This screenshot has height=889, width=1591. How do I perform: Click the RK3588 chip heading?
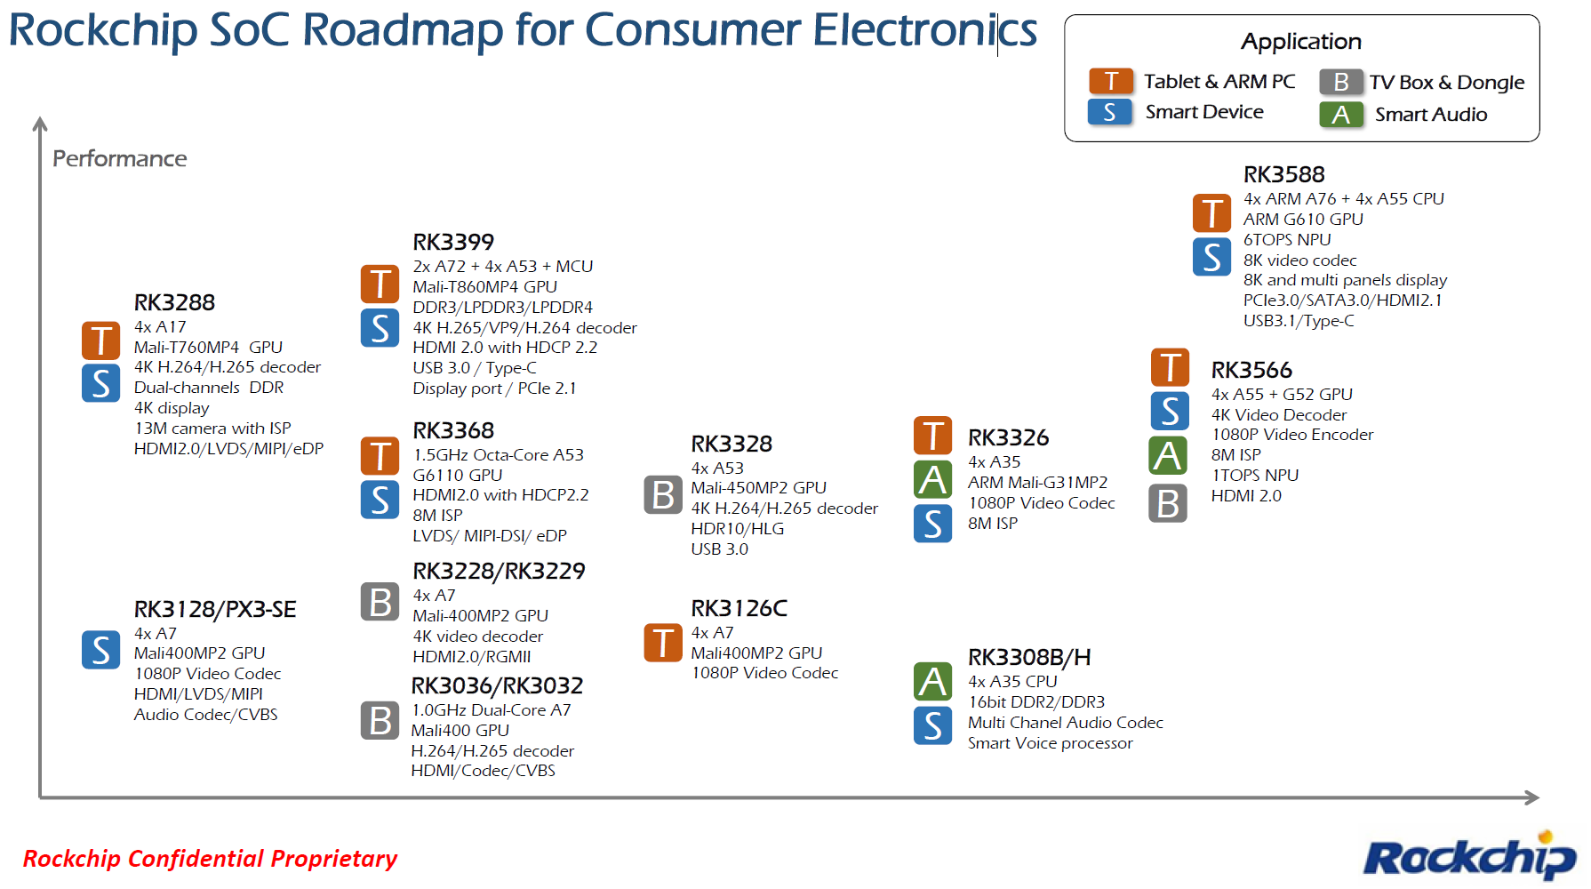click(1283, 174)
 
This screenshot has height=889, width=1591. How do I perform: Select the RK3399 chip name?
click(453, 242)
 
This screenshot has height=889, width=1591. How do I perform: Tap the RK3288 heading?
click(174, 302)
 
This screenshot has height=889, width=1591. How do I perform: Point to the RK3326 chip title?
click(1008, 437)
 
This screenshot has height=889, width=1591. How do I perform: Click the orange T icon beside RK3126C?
click(663, 643)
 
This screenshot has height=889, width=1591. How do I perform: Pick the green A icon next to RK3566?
click(1168, 456)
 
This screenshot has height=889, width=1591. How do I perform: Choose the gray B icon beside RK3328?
click(663, 495)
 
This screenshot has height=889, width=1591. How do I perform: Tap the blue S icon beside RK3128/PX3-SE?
click(101, 650)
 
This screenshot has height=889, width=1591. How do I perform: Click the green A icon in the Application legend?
click(1341, 115)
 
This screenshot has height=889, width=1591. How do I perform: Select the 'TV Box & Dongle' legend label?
click(1446, 83)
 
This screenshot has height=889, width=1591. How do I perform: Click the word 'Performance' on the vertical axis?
click(120, 158)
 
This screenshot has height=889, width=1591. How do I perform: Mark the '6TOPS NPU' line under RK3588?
click(1287, 239)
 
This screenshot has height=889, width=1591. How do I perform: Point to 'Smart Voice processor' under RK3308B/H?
click(1050, 743)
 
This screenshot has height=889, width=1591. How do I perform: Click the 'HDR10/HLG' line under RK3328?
click(738, 528)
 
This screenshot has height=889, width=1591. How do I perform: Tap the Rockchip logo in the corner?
click(1469, 857)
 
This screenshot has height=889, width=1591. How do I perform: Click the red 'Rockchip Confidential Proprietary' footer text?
click(210, 858)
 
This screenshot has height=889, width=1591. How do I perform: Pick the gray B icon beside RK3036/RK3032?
click(380, 720)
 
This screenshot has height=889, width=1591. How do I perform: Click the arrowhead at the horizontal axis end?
click(1532, 797)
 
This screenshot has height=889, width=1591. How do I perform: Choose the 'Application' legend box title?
click(1301, 41)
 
